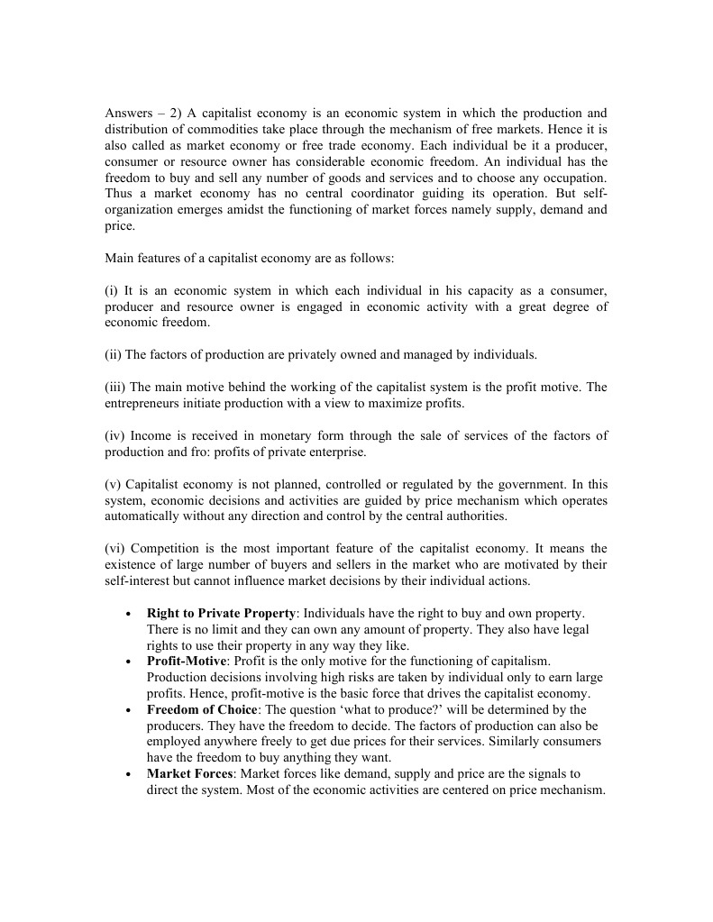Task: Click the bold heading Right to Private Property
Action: pyautogui.click(x=220, y=614)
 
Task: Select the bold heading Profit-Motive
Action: pyautogui.click(x=187, y=662)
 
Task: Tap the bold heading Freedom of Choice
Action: pyautogui.click(x=201, y=710)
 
